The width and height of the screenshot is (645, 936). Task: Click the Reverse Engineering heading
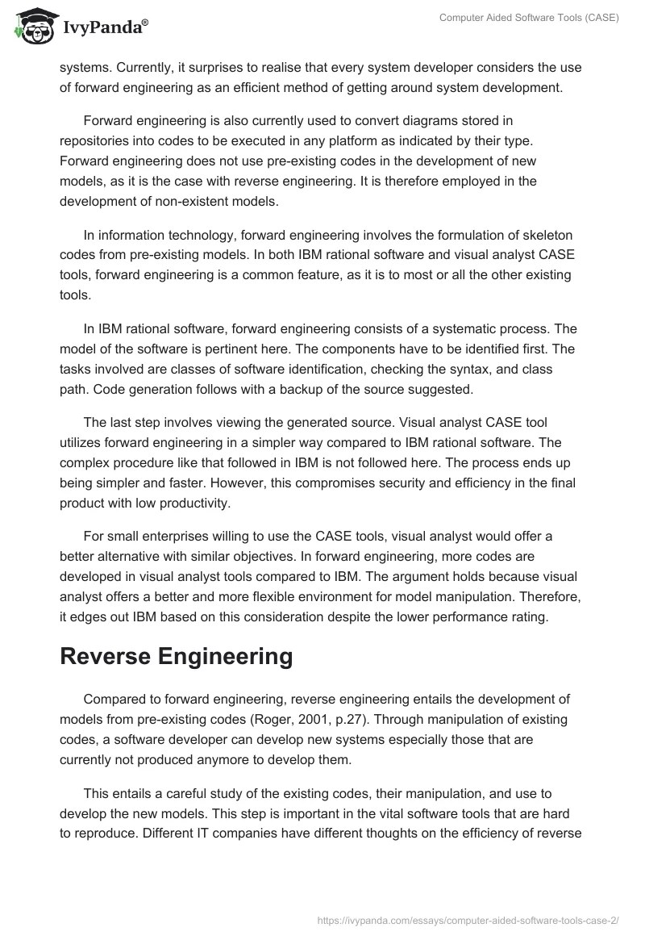(176, 656)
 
